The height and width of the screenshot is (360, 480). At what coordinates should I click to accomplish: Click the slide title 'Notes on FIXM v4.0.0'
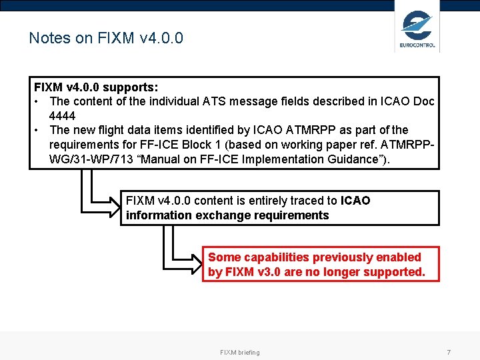[x=106, y=38]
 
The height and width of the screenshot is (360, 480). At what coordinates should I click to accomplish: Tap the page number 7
[x=449, y=352]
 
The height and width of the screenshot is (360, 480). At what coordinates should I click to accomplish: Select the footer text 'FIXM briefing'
[x=240, y=352]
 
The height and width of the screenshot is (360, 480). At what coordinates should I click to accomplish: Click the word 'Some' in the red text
[x=225, y=257]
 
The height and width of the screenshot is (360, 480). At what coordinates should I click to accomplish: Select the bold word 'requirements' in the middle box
[x=295, y=215]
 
